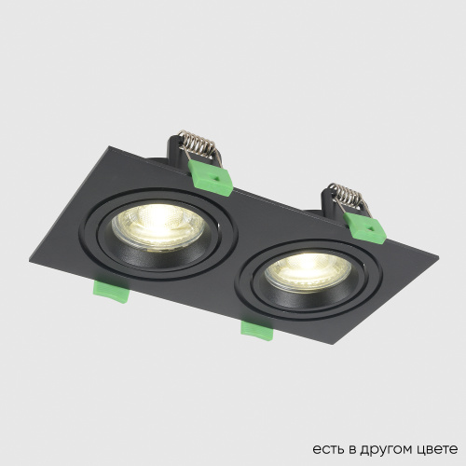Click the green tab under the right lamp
(x=254, y=327)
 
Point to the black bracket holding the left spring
(x=177, y=149)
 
